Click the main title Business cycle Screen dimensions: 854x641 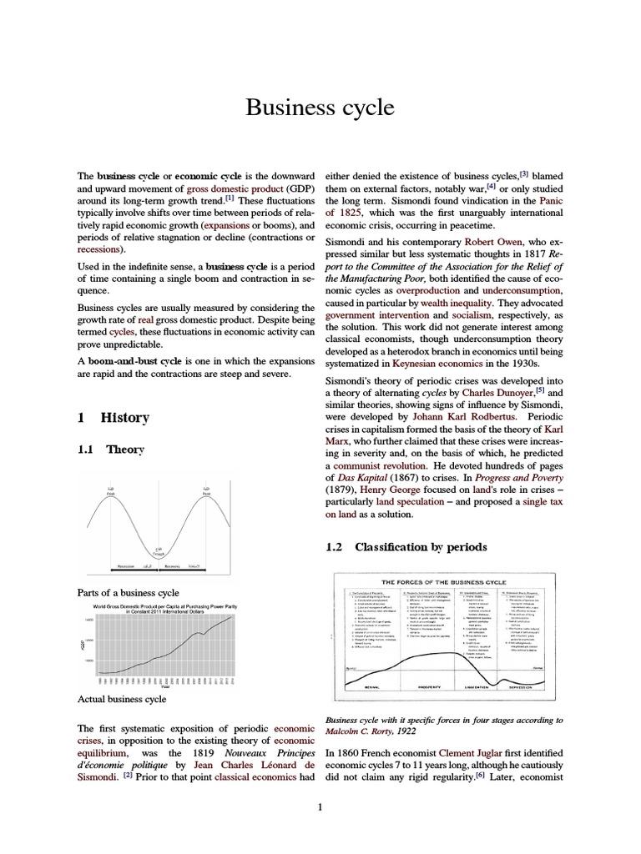(x=320, y=108)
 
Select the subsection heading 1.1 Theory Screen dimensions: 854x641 (x=110, y=450)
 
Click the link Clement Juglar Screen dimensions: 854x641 (x=472, y=752)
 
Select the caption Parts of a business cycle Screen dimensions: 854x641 (x=128, y=592)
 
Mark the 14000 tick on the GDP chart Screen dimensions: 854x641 (x=88, y=621)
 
